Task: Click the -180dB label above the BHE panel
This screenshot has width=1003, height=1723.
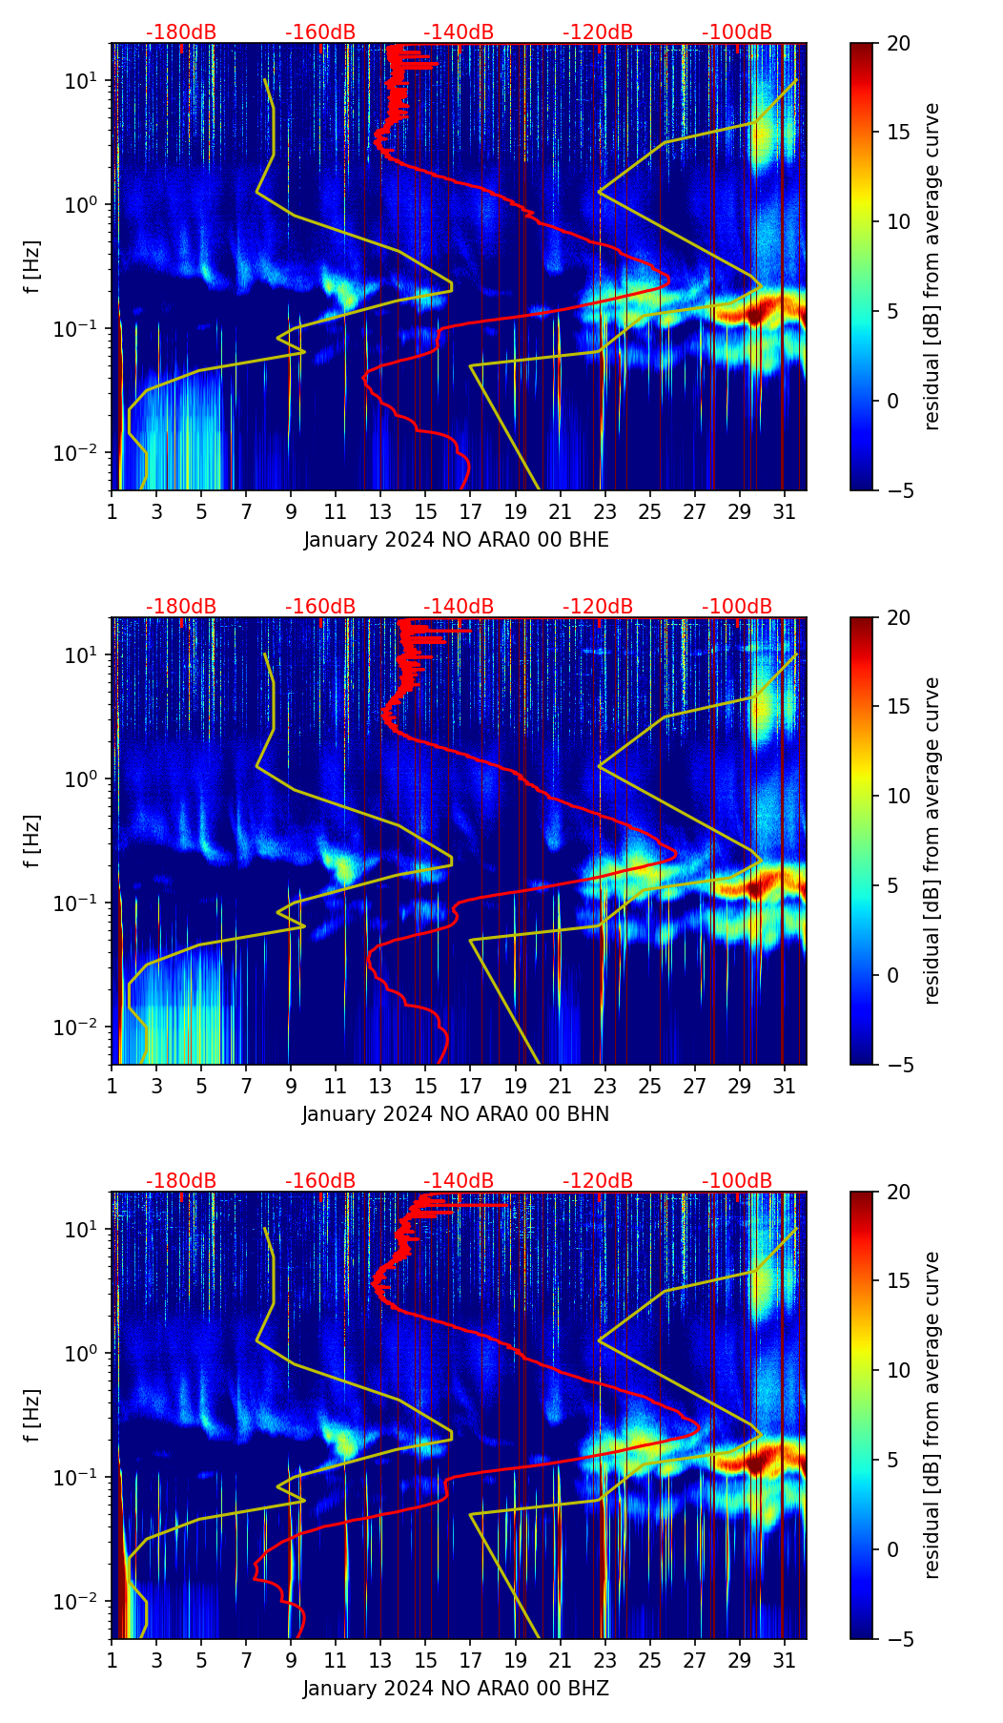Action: click(x=181, y=32)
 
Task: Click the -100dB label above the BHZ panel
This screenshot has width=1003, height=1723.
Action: click(x=737, y=1181)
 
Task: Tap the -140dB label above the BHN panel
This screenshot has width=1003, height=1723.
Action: click(x=459, y=607)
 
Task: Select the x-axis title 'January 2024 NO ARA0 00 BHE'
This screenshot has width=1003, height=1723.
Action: click(x=456, y=540)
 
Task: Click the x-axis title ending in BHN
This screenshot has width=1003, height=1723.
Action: click(x=456, y=1114)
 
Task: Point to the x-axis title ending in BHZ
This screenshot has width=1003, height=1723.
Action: click(x=456, y=1689)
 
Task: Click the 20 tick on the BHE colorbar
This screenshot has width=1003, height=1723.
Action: click(x=899, y=43)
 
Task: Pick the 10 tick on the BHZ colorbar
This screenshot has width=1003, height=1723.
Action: click(x=899, y=1371)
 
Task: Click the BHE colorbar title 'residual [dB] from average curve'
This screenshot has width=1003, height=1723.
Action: click(x=932, y=266)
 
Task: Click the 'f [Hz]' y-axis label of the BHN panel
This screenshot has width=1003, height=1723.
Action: click(x=32, y=841)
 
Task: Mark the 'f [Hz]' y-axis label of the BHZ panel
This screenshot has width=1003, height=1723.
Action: click(x=32, y=1415)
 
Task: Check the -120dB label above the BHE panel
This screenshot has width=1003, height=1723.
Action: click(x=598, y=32)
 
